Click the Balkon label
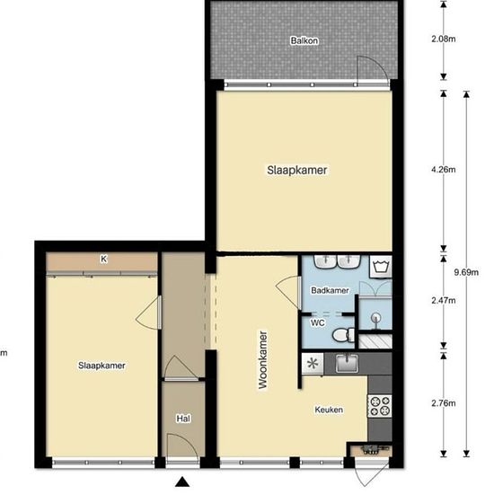coord(304,40)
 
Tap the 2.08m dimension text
coord(444,39)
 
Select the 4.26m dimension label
coord(444,170)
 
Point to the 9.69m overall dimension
coord(466,272)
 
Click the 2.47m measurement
coord(444,300)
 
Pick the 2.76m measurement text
coord(444,403)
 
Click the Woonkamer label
coord(262,359)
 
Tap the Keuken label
coord(329,410)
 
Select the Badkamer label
coord(330,290)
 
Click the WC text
coord(317,323)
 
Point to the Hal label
coord(183,419)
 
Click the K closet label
coord(103,259)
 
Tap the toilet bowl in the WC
coord(343,335)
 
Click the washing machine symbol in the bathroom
coord(381,267)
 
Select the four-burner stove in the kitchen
coord(380,406)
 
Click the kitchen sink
coord(347,363)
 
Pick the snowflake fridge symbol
coord(313,364)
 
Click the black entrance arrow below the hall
coord(182,482)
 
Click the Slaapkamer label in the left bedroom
coord(101,366)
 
